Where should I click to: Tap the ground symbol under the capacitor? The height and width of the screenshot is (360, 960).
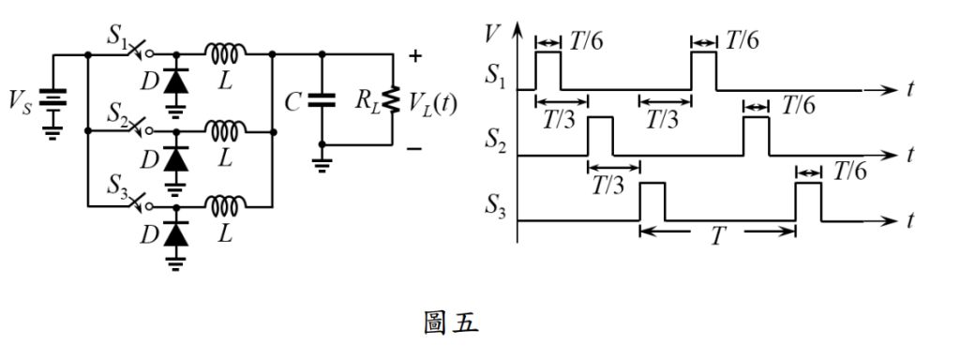(322, 164)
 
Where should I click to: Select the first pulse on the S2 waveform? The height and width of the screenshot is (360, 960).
(600, 135)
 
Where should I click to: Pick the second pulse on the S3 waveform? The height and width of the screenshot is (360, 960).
(808, 202)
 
